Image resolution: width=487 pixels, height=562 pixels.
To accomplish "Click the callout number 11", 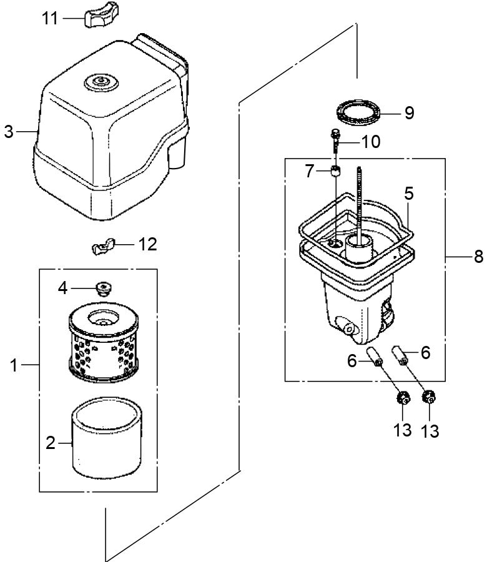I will [51, 18].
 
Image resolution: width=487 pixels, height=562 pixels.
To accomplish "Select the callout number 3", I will [8, 132].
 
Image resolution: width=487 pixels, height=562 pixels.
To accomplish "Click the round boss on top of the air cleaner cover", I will [99, 82].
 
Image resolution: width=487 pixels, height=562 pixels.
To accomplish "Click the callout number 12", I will [147, 244].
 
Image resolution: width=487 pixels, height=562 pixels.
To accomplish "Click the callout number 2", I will [51, 443].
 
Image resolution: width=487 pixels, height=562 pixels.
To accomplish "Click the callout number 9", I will [408, 113].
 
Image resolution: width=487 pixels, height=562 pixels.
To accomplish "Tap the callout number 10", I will [370, 142].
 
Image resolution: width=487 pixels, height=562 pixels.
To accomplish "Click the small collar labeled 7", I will [337, 172].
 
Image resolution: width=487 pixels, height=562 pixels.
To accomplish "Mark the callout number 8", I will [478, 257].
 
